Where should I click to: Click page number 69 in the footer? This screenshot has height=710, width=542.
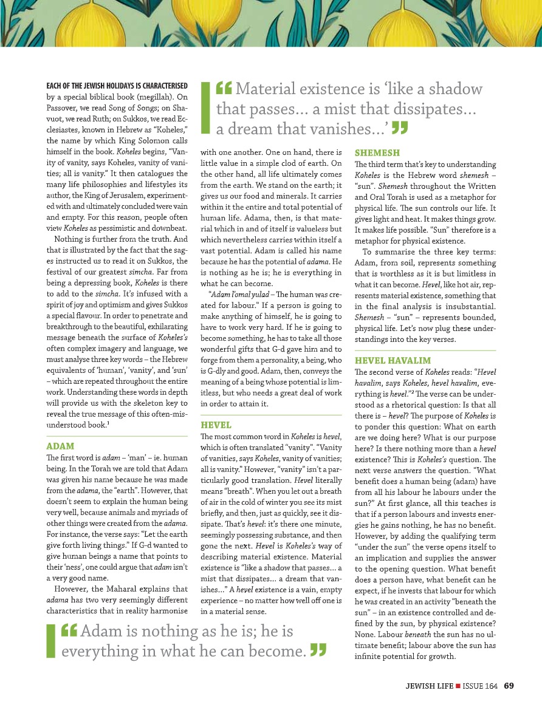pyautogui.click(x=509, y=686)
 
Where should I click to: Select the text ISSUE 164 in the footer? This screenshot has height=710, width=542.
pyautogui.click(x=480, y=686)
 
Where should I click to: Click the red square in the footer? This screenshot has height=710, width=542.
pyautogui.click(x=458, y=686)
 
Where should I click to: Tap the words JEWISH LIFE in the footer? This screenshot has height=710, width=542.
pyautogui.click(x=430, y=686)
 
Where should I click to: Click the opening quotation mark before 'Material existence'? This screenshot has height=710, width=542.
pyautogui.click(x=224, y=89)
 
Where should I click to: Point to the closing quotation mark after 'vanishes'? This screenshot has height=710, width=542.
pyautogui.click(x=399, y=128)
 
